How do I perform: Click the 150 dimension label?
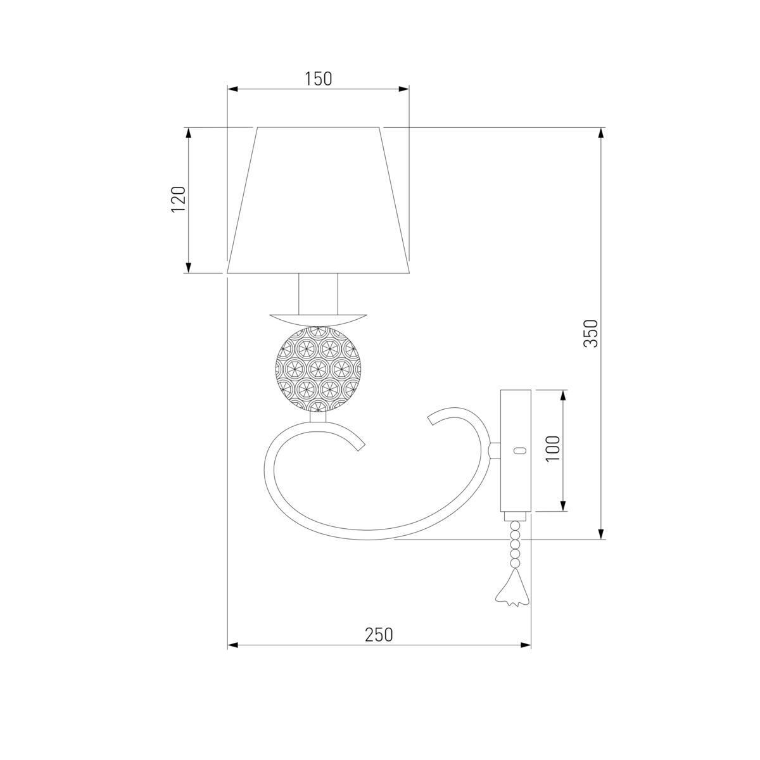tap(319, 79)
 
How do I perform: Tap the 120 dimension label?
tap(178, 199)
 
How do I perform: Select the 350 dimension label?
tap(591, 333)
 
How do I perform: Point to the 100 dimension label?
tap(553, 448)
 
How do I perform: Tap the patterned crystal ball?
tap(318, 369)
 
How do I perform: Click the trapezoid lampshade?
tap(319, 200)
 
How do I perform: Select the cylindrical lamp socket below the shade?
tap(318, 294)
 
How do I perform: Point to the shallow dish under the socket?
tap(318, 319)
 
